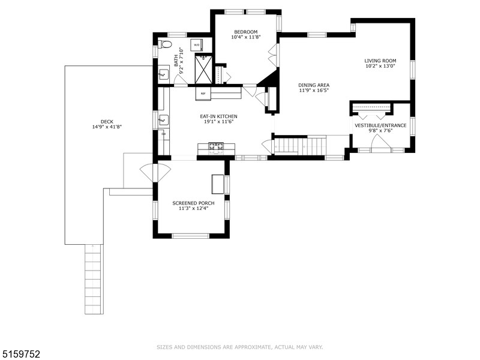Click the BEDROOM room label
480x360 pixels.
[x=246, y=31]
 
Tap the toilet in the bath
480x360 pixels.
[x=165, y=44]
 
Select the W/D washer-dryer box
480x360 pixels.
[x=197, y=45]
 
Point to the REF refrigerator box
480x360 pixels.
[x=203, y=94]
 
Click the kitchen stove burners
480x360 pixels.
[x=215, y=146]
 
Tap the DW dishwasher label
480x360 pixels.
[x=163, y=134]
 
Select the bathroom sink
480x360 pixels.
[x=163, y=74]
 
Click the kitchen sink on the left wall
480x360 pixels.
[x=162, y=120]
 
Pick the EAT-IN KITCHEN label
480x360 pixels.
[x=218, y=116]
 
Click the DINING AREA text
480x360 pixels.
[x=314, y=85]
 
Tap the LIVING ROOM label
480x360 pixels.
[x=380, y=61]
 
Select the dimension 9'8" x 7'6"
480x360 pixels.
[x=380, y=131]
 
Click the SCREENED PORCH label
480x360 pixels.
[x=193, y=203]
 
